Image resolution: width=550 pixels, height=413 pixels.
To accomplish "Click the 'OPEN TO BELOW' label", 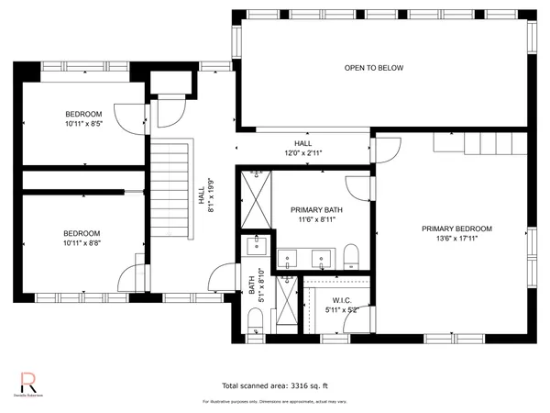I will [x=373, y=68].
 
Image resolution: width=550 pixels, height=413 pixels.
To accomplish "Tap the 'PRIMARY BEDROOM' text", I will [x=456, y=229].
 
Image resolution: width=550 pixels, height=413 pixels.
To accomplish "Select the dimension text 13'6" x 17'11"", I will [x=456, y=239].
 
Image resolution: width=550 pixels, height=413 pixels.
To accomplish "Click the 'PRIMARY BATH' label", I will [x=303, y=209].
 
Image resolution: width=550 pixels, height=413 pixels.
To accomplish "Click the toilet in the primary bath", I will [x=351, y=256].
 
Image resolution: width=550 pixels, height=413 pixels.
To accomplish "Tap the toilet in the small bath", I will [x=255, y=318].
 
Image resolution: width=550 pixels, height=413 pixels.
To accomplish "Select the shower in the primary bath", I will [x=256, y=199].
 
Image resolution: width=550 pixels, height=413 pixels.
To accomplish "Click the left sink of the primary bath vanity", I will [x=286, y=258].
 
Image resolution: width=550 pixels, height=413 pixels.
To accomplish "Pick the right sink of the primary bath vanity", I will [x=321, y=258].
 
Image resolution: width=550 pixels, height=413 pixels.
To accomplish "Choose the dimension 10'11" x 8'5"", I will [x=83, y=124].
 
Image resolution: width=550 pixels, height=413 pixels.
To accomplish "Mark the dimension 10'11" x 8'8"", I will [x=82, y=243].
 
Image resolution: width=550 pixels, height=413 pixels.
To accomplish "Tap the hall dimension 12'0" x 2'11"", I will [x=303, y=153].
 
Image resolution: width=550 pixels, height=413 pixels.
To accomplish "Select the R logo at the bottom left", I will [x=28, y=381].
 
